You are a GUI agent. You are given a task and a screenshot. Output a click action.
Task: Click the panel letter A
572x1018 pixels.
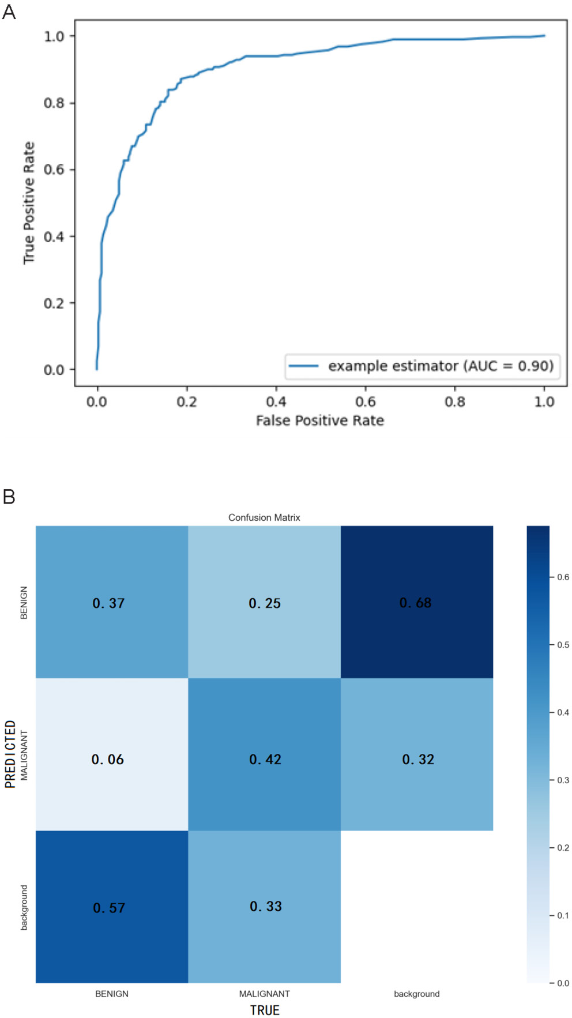tap(9, 12)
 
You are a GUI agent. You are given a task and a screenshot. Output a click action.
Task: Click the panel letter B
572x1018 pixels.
tap(9, 496)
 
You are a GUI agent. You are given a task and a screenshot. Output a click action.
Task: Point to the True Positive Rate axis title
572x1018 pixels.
tap(29, 203)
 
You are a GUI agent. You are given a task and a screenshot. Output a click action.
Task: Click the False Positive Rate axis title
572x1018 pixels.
tap(319, 420)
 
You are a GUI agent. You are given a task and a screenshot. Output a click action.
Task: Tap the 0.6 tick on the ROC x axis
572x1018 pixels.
tap(366, 401)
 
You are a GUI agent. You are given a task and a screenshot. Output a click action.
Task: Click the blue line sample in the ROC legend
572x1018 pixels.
tap(303, 366)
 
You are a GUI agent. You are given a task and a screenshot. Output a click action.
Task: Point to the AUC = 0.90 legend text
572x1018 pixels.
tap(441, 366)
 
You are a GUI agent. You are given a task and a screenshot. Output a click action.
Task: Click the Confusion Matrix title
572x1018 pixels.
tap(264, 517)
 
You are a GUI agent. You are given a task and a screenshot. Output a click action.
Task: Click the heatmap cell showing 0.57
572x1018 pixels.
tap(111, 907)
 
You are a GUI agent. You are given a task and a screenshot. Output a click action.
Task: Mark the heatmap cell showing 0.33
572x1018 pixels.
tap(264, 907)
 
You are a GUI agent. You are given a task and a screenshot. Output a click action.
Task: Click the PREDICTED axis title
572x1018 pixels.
tap(10, 754)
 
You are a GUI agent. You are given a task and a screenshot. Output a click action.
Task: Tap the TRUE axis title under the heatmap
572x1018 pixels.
tap(264, 1010)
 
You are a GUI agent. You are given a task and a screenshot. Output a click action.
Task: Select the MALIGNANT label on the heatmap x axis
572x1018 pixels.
tap(264, 994)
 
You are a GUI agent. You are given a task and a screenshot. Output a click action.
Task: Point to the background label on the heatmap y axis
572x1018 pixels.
tap(24, 907)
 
